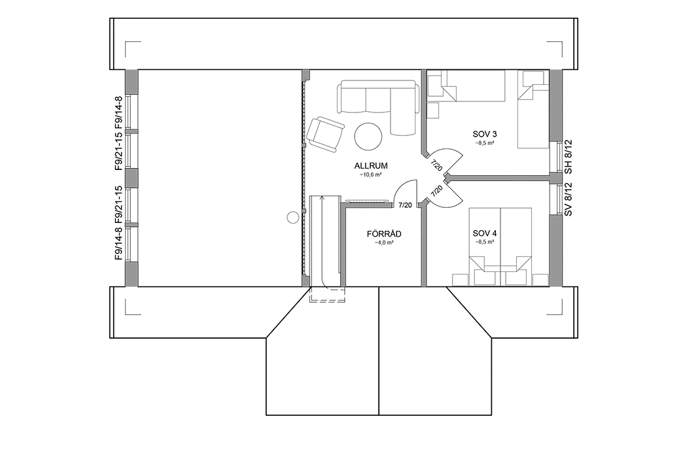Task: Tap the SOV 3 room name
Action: pyautogui.click(x=485, y=134)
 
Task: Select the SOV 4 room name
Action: pyautogui.click(x=485, y=233)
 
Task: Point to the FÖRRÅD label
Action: pyautogui.click(x=384, y=233)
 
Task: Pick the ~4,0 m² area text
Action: pyautogui.click(x=384, y=243)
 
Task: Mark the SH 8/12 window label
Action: pyautogui.click(x=569, y=160)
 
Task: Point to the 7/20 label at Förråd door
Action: pyautogui.click(x=405, y=206)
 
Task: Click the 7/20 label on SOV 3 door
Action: pyautogui.click(x=436, y=164)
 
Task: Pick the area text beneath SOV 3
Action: pyautogui.click(x=485, y=143)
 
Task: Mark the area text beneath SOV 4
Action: pyautogui.click(x=485, y=242)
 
